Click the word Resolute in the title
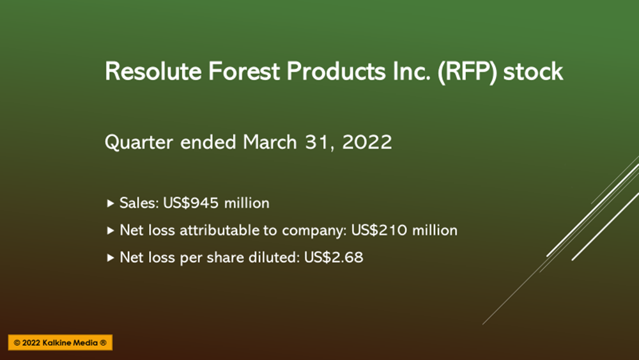[x=153, y=72]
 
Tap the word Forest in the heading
[x=244, y=72]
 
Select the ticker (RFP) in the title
[x=467, y=72]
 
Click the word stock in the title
[x=533, y=72]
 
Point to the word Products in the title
[x=336, y=72]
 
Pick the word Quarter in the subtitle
[x=139, y=143]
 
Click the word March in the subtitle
[x=270, y=142]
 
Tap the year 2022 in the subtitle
[x=367, y=142]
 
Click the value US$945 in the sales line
[x=190, y=203]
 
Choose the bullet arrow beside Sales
[x=110, y=203]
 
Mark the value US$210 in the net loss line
[x=379, y=230]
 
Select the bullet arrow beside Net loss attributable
[x=110, y=230]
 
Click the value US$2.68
[x=334, y=257]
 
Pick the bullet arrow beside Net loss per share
[x=110, y=258]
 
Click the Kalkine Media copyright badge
[x=60, y=343]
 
